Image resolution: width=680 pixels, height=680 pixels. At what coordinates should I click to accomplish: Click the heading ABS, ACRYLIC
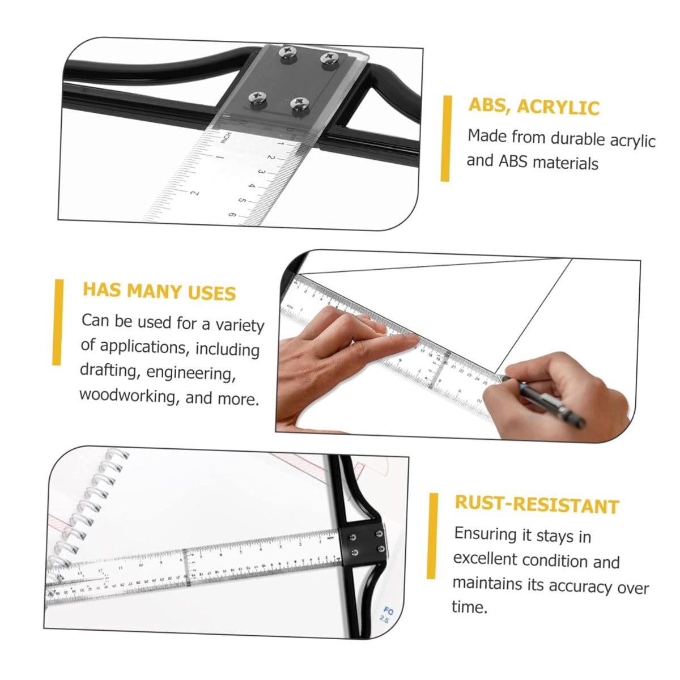tap(534, 106)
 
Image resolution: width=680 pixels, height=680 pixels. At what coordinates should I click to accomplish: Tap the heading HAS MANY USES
tap(159, 291)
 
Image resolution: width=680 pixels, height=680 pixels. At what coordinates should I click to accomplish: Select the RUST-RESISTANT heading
tap(537, 505)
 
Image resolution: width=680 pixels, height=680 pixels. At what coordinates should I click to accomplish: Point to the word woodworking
tap(127, 396)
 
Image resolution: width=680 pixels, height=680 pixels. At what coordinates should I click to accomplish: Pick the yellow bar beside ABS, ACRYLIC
tap(447, 138)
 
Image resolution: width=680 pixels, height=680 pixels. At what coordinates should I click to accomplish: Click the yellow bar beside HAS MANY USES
tap(58, 322)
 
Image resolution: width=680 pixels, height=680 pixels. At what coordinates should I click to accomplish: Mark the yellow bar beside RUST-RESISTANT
tap(432, 536)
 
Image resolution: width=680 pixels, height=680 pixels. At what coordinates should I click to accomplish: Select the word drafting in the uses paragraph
tap(108, 371)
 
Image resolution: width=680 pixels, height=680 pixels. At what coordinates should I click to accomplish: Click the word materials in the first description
tap(566, 163)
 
